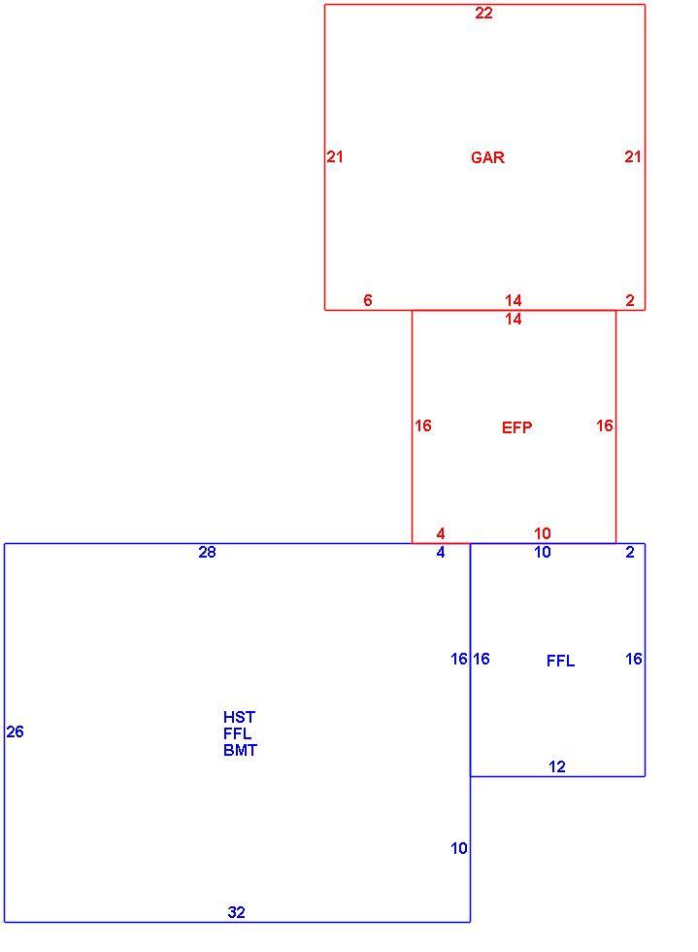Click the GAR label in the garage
(x=487, y=157)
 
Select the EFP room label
(x=516, y=427)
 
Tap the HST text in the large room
(x=239, y=717)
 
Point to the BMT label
(x=240, y=750)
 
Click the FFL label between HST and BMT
(x=237, y=733)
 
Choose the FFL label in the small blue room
(x=560, y=661)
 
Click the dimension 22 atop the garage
(x=483, y=13)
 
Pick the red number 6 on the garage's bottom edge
(x=368, y=300)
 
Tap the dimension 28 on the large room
(x=207, y=552)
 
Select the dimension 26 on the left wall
(x=16, y=731)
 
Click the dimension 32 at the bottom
(x=236, y=912)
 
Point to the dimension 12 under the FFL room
(x=556, y=766)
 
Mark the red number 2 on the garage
(x=630, y=300)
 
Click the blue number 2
(x=630, y=552)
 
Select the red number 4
(x=441, y=533)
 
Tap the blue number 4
(x=441, y=552)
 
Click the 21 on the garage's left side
(x=335, y=156)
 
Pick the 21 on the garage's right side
(x=633, y=156)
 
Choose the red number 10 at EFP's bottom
(x=542, y=533)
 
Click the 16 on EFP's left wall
(x=423, y=425)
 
